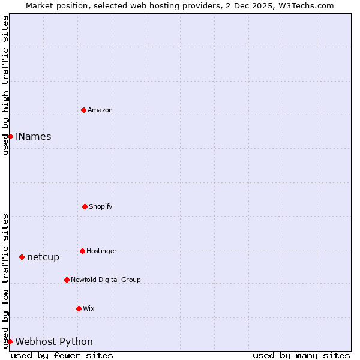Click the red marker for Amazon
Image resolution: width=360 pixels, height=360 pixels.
click(83, 110)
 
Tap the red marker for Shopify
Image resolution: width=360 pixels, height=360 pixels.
click(85, 206)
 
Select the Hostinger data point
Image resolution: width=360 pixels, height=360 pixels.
click(82, 251)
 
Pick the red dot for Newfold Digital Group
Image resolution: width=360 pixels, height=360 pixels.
click(67, 280)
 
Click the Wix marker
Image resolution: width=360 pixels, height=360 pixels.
click(79, 308)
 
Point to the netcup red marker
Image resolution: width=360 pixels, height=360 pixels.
click(22, 257)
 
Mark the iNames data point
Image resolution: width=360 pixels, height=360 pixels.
click(10, 136)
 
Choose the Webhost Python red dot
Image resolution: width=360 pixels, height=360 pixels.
click(10, 341)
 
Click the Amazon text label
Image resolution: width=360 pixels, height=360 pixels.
click(100, 110)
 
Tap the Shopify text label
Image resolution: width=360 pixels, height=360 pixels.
click(100, 206)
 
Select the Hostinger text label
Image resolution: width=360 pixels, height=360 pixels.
click(101, 251)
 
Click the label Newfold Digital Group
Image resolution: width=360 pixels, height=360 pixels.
click(106, 280)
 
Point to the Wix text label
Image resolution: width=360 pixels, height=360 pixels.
click(89, 308)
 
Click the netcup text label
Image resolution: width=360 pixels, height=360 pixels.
click(43, 257)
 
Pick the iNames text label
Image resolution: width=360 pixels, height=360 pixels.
click(34, 136)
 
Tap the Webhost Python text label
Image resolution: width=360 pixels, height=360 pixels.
click(54, 342)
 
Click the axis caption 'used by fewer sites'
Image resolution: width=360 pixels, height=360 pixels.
click(62, 355)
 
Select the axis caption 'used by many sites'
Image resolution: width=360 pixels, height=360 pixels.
click(301, 355)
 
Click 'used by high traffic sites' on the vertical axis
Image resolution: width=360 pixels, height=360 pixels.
click(5, 85)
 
